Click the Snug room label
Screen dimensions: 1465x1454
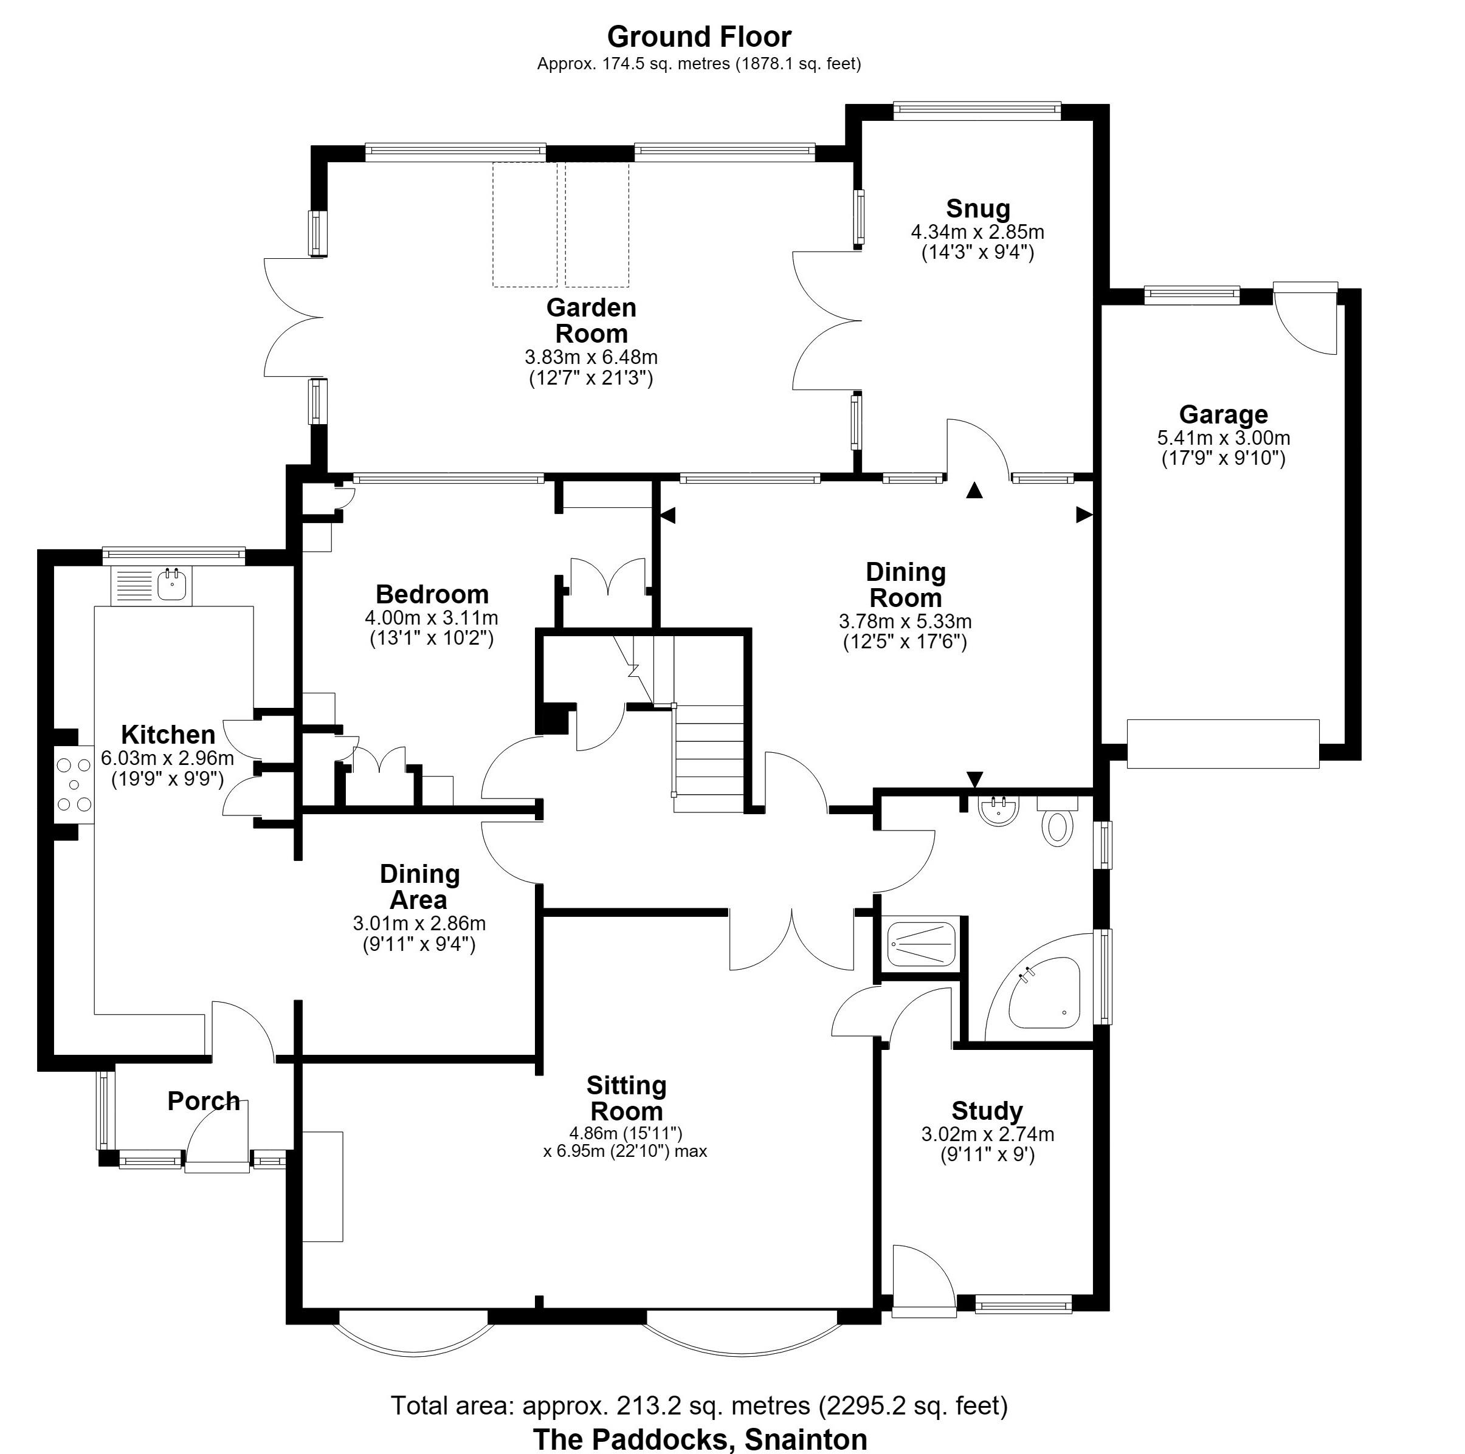977,208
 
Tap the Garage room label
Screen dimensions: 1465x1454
1223,414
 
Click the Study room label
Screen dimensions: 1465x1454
987,1111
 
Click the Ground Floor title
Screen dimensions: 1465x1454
699,36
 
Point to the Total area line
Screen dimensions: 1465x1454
699,1406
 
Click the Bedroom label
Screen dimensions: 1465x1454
432,594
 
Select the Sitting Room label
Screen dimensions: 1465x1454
626,1099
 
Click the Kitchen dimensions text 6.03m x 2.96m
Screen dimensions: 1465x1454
168,757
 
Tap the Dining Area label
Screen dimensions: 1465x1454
419,887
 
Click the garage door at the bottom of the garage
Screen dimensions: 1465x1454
1223,744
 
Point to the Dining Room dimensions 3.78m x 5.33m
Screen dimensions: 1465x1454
905,622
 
